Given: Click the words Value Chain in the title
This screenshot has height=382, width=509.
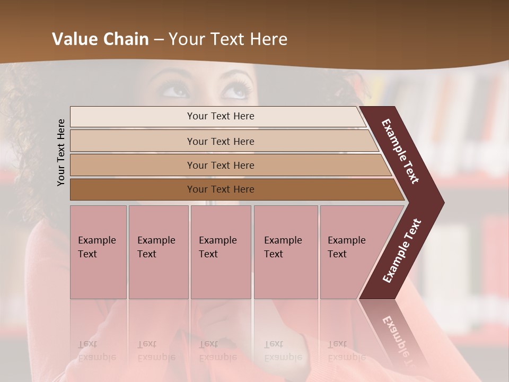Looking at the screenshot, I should [100, 39].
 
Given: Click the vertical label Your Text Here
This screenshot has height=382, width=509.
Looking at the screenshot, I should [61, 152].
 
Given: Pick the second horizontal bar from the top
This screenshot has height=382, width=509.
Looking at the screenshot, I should [221, 141].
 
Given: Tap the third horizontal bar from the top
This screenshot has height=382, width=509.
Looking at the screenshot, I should [221, 165].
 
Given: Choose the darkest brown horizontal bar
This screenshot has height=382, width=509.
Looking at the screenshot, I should [221, 189].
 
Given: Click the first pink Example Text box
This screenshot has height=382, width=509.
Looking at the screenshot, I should [98, 252].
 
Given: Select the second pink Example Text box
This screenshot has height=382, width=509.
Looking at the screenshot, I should [158, 252].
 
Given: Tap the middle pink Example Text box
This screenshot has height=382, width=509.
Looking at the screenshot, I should [221, 252].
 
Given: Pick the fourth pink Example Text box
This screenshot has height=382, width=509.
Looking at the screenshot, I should [286, 252].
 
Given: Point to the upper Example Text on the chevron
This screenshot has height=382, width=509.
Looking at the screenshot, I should [400, 151].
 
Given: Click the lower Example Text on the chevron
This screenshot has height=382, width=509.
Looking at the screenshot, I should [401, 251].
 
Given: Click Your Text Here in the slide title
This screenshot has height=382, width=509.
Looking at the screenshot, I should [228, 39].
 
